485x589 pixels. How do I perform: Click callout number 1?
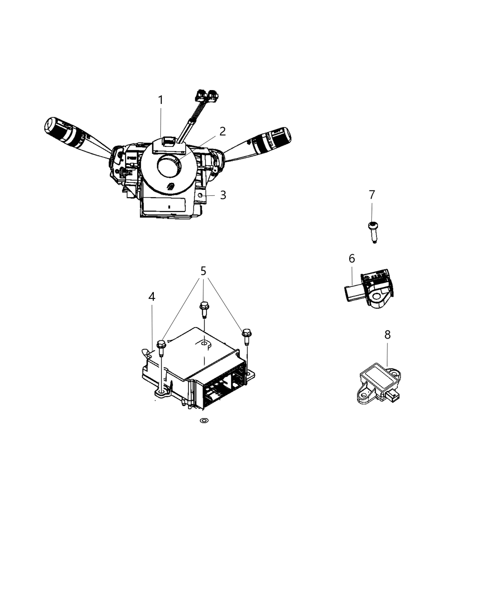coord(160,100)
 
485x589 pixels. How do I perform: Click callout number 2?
coord(223,131)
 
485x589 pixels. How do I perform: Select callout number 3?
coord(223,195)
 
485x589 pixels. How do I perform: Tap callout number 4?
coord(152,297)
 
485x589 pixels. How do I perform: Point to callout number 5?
coord(203,271)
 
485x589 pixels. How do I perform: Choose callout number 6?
coord(352,259)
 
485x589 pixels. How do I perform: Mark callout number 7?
coord(372,195)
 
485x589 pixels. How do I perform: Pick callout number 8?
coord(387,334)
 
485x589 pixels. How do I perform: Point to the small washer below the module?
coord(203,421)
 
